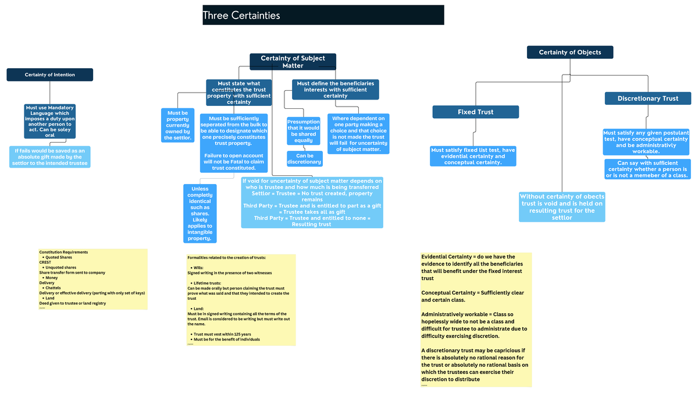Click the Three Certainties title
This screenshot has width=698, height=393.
pos(241,16)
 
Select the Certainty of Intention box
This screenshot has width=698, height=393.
pos(49,75)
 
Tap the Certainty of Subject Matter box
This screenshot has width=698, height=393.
pos(293,62)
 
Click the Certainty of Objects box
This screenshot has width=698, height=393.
pos(569,52)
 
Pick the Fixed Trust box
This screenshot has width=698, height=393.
pos(475,112)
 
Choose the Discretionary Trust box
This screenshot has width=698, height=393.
pos(647,98)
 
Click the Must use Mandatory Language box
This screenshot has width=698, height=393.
pos(50,121)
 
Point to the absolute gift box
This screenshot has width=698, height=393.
pos(50,157)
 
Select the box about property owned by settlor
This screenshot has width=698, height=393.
pos(177,125)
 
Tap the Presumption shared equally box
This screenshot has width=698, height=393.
pos(304,131)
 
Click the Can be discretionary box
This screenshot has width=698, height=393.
pos(304,158)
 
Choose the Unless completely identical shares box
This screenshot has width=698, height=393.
pos(200,213)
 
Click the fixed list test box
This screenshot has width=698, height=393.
pos(473,156)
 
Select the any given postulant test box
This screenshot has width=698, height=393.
pos(646,142)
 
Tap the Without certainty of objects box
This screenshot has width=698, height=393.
pos(562,207)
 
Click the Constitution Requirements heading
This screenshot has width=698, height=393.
pos(63,252)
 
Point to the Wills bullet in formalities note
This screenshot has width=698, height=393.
pos(198,267)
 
